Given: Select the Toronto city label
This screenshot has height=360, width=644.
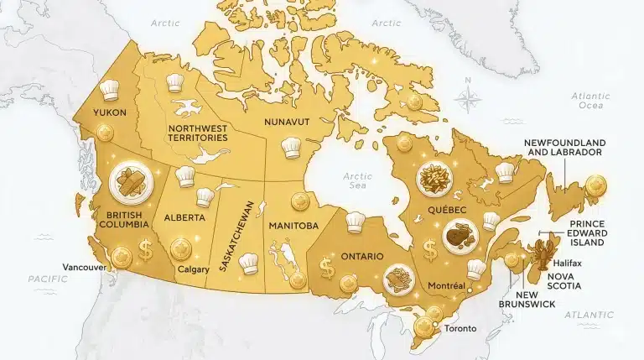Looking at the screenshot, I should pyautogui.click(x=457, y=327).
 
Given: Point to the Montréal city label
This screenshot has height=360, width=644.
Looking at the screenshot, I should pyautogui.click(x=445, y=286).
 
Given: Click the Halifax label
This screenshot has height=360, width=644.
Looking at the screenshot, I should pyautogui.click(x=572, y=263).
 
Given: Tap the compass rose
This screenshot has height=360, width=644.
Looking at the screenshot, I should pyautogui.click(x=470, y=97).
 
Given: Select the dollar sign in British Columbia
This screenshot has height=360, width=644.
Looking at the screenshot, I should pyautogui.click(x=146, y=250).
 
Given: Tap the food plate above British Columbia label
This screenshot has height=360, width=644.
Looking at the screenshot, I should pyautogui.click(x=130, y=180).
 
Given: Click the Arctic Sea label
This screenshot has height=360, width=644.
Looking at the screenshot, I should pyautogui.click(x=356, y=182).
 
